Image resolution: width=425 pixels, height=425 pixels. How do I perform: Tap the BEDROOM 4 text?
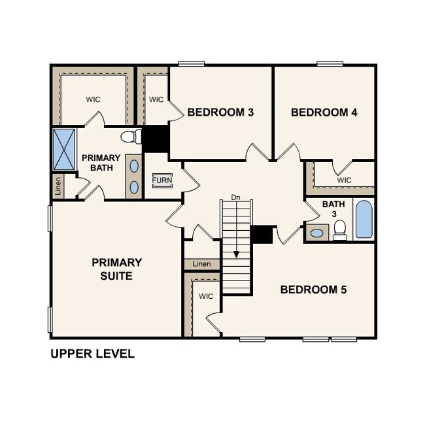click(324, 112)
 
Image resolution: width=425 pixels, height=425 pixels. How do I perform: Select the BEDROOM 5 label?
click(313, 289)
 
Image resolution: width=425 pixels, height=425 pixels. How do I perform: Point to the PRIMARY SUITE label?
click(116, 269)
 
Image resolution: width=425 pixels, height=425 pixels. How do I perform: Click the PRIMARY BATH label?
click(101, 163)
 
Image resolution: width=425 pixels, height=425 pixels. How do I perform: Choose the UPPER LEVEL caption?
click(92, 354)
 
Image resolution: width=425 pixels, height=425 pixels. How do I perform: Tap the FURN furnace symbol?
click(161, 180)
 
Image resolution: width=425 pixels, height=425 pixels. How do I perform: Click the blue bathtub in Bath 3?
click(363, 220)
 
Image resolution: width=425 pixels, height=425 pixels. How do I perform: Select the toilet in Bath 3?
click(339, 230)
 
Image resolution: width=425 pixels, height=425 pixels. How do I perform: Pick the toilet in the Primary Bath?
click(131, 137)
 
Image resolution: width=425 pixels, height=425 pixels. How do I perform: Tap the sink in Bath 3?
click(318, 233)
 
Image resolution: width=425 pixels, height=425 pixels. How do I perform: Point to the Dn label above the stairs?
click(236, 197)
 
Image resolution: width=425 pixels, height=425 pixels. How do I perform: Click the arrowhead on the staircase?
click(236, 254)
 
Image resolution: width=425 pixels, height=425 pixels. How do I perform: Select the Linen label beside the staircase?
click(202, 264)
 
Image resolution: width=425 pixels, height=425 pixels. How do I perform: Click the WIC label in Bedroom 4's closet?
click(344, 180)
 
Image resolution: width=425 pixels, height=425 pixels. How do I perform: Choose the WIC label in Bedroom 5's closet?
click(206, 296)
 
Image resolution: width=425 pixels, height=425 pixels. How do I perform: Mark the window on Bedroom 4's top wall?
click(330, 63)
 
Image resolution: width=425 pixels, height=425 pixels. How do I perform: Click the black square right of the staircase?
click(262, 235)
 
